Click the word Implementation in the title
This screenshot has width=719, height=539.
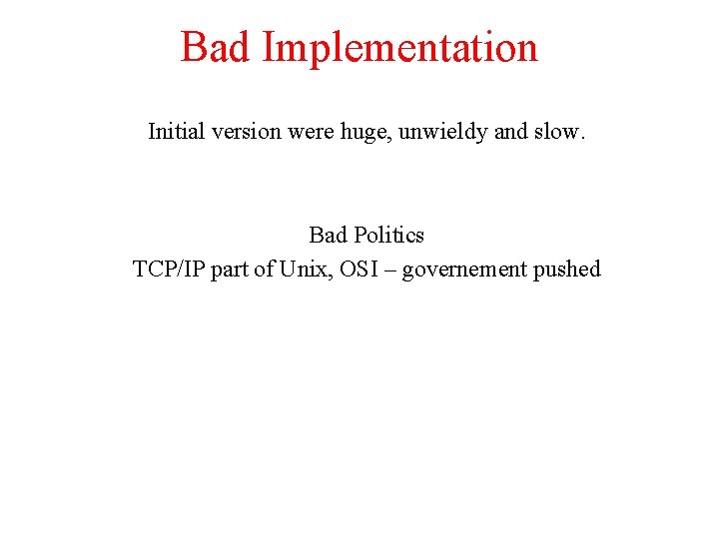pos(399,48)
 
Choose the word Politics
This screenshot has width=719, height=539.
pos(386,236)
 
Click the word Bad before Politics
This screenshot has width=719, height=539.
pos(327,236)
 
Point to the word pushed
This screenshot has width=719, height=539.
pos(567,269)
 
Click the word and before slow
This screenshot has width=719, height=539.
pos(510,132)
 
